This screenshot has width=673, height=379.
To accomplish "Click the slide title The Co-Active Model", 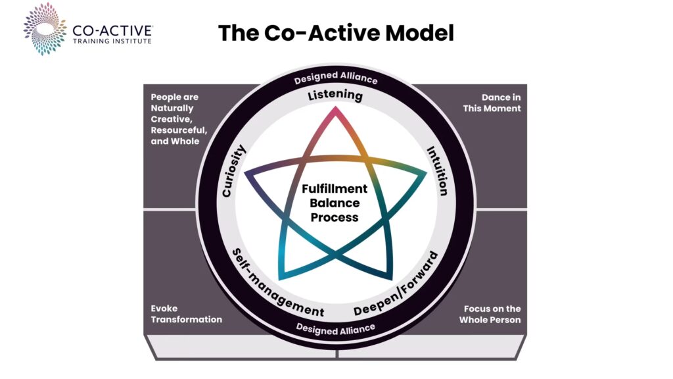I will click(336, 32).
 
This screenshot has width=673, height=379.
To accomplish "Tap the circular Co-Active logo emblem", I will click(44, 28).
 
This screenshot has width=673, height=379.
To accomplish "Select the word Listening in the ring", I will click(335, 96).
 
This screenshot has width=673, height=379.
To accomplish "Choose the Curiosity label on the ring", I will click(233, 171).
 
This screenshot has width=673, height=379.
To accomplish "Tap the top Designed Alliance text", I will click(336, 78).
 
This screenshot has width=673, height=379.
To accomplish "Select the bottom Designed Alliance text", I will click(336, 328).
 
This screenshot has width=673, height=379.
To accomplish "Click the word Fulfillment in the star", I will click(335, 189).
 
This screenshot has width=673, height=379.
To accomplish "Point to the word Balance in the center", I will click(335, 203).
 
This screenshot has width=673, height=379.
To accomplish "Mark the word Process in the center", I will click(335, 217).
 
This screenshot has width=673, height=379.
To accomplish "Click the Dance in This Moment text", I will click(492, 103).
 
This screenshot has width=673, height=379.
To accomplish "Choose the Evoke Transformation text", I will click(187, 314).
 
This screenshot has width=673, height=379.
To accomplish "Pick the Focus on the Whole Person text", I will click(492, 314).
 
